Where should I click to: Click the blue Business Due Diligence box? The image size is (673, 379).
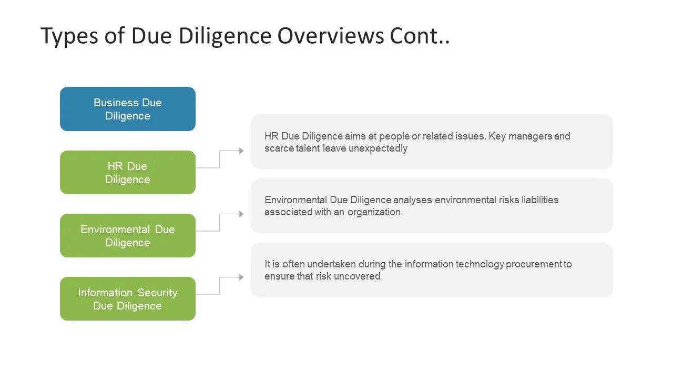(127, 109)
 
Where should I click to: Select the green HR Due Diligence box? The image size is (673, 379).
(127, 173)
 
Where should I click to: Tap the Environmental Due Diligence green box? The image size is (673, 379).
(127, 236)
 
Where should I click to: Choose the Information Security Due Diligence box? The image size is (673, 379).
(127, 299)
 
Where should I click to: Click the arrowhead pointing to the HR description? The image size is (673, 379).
(241, 151)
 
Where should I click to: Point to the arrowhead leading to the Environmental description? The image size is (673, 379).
(241, 214)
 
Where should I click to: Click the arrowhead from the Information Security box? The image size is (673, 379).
(241, 277)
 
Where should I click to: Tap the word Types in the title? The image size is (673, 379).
(67, 36)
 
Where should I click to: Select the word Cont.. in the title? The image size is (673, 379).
(420, 36)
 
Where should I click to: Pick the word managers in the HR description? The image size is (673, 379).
(530, 136)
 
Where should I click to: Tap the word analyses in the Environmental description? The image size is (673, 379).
(413, 200)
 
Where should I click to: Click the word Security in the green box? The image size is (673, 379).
(157, 293)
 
